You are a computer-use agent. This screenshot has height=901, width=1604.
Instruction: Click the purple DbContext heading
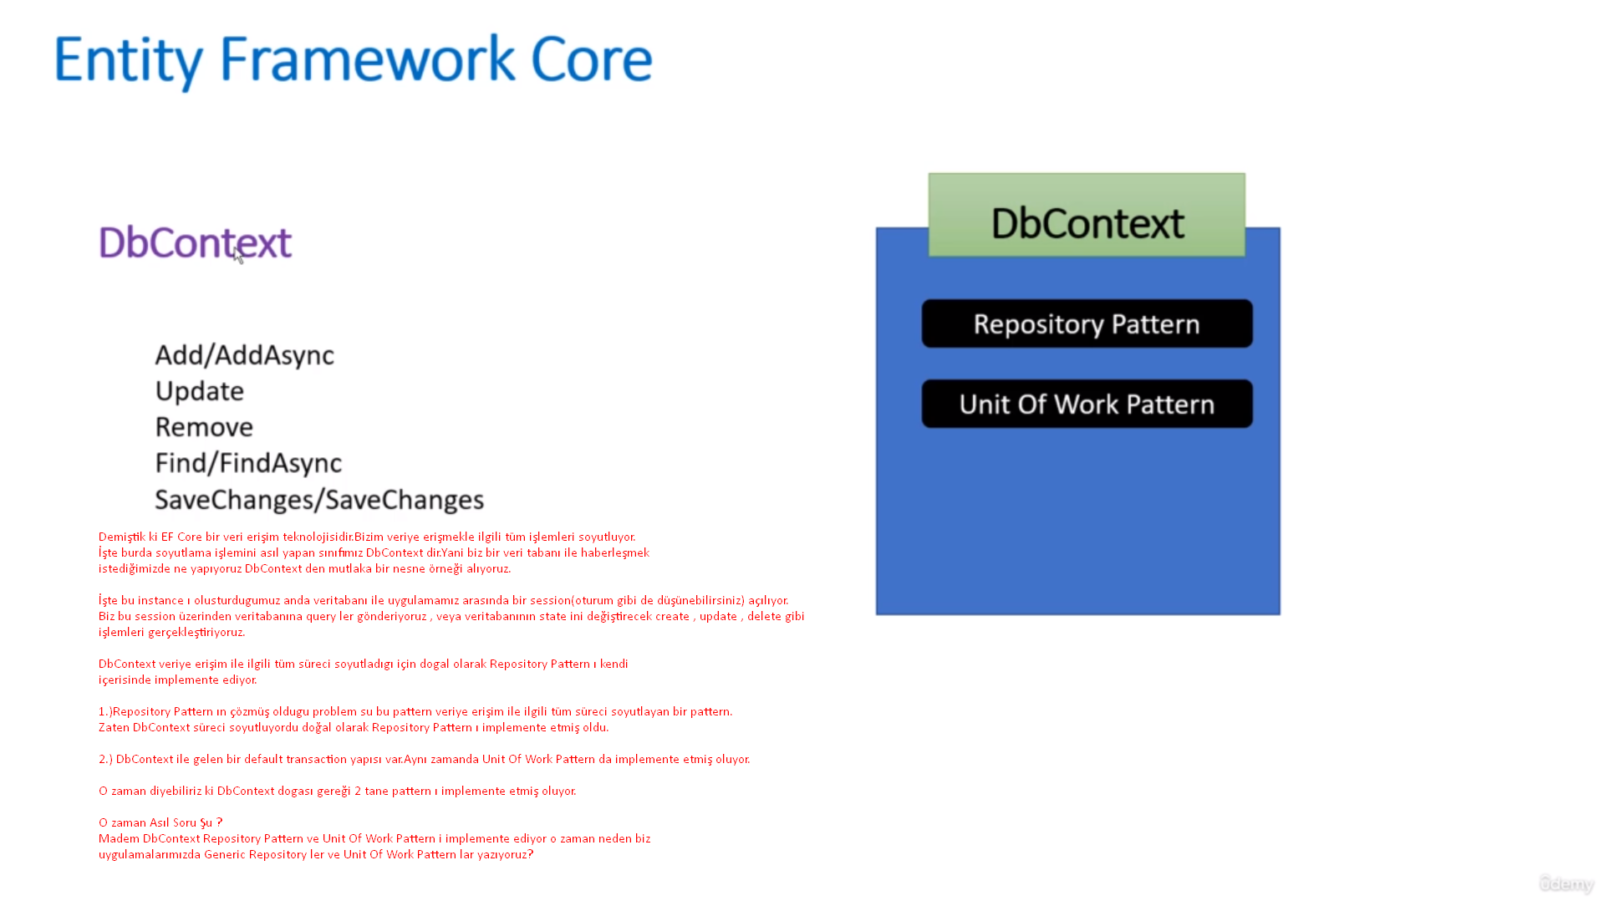point(195,242)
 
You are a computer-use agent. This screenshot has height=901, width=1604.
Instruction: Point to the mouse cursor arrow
point(238,256)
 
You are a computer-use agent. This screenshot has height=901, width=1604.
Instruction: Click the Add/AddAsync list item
point(244,355)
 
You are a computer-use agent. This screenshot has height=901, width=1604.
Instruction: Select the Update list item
point(199,391)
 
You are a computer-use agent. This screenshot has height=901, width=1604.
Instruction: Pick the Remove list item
point(204,427)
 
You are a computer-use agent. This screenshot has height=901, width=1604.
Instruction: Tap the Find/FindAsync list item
point(248,463)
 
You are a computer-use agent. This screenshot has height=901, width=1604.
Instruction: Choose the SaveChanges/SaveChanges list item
point(319,500)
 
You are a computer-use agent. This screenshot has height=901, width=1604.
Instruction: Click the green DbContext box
point(1087,216)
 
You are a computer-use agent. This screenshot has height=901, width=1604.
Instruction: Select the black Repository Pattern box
point(1087,323)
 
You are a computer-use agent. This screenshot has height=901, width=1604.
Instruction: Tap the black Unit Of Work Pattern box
point(1087,405)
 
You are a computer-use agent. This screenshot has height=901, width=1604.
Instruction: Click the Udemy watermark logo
point(1566,883)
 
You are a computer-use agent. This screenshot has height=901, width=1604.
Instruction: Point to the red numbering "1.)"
point(105,711)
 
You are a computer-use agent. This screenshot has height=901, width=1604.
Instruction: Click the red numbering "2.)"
point(105,759)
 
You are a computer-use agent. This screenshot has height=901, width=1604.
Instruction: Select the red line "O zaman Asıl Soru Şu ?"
point(160,822)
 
